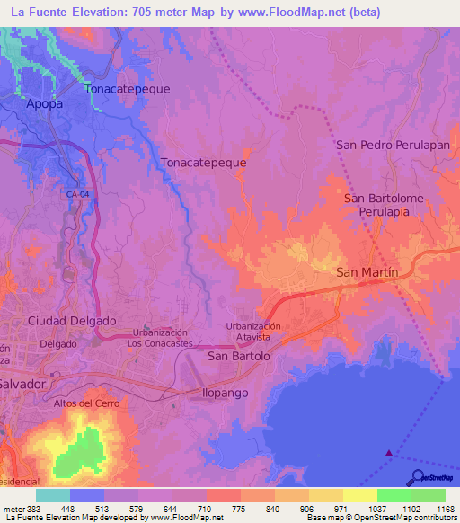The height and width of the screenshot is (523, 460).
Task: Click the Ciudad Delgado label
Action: (72, 320)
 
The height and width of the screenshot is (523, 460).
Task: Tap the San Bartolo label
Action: (238, 356)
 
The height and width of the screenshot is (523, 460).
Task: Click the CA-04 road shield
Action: (77, 194)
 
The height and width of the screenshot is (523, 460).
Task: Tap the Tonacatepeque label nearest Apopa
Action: (127, 89)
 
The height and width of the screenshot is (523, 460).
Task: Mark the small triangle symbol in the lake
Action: (388, 453)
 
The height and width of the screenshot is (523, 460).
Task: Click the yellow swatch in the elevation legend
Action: (359, 495)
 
